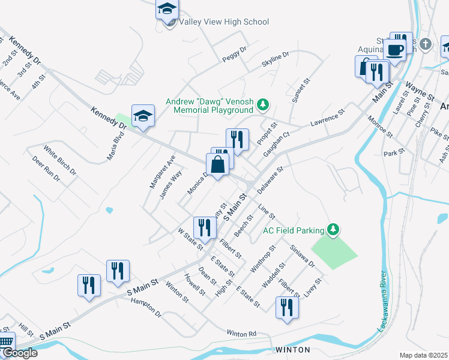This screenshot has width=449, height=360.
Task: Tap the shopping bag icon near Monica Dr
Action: pyautogui.click(x=217, y=164)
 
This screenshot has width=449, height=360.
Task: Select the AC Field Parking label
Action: pyautogui.click(x=294, y=230)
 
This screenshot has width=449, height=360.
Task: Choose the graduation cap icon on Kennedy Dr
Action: pyautogui.click(x=143, y=115)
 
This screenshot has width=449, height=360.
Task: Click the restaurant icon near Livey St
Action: pyautogui.click(x=287, y=307)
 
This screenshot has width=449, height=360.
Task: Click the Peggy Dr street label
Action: pyautogui.click(x=234, y=55)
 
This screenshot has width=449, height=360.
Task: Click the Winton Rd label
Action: pyautogui.click(x=241, y=333)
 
